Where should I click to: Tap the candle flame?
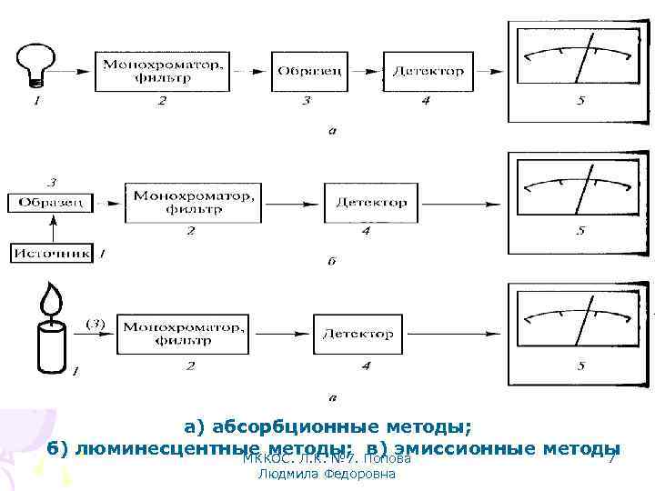pos(51,299)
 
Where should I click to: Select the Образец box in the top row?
pos(310,71)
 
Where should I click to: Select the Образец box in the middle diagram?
pos(51,202)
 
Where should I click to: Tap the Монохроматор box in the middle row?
pos(193,202)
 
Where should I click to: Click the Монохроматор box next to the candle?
pos(183,334)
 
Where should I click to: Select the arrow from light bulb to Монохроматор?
pos(76,71)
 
